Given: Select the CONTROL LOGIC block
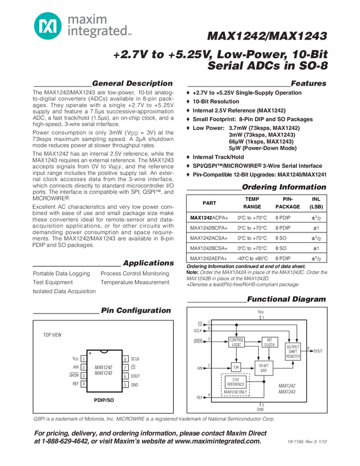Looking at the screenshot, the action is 236,342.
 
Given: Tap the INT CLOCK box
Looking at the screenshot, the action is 269,342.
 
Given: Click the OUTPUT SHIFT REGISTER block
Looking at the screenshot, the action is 293,350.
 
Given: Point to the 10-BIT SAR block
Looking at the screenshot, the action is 263,368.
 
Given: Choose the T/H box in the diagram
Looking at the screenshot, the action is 236,367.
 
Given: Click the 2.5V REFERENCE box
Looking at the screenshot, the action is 235,383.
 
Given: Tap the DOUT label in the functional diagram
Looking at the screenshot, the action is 318,350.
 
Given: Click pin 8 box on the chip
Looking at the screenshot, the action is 125,359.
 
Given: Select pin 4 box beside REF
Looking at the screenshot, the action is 83,384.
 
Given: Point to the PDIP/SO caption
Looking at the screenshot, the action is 104,401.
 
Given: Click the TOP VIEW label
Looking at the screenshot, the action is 53,335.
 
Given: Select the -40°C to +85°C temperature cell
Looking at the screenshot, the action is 253,258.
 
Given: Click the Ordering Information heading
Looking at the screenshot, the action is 284,187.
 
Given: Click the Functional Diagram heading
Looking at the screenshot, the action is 286,299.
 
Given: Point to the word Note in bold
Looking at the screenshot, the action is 192,272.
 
